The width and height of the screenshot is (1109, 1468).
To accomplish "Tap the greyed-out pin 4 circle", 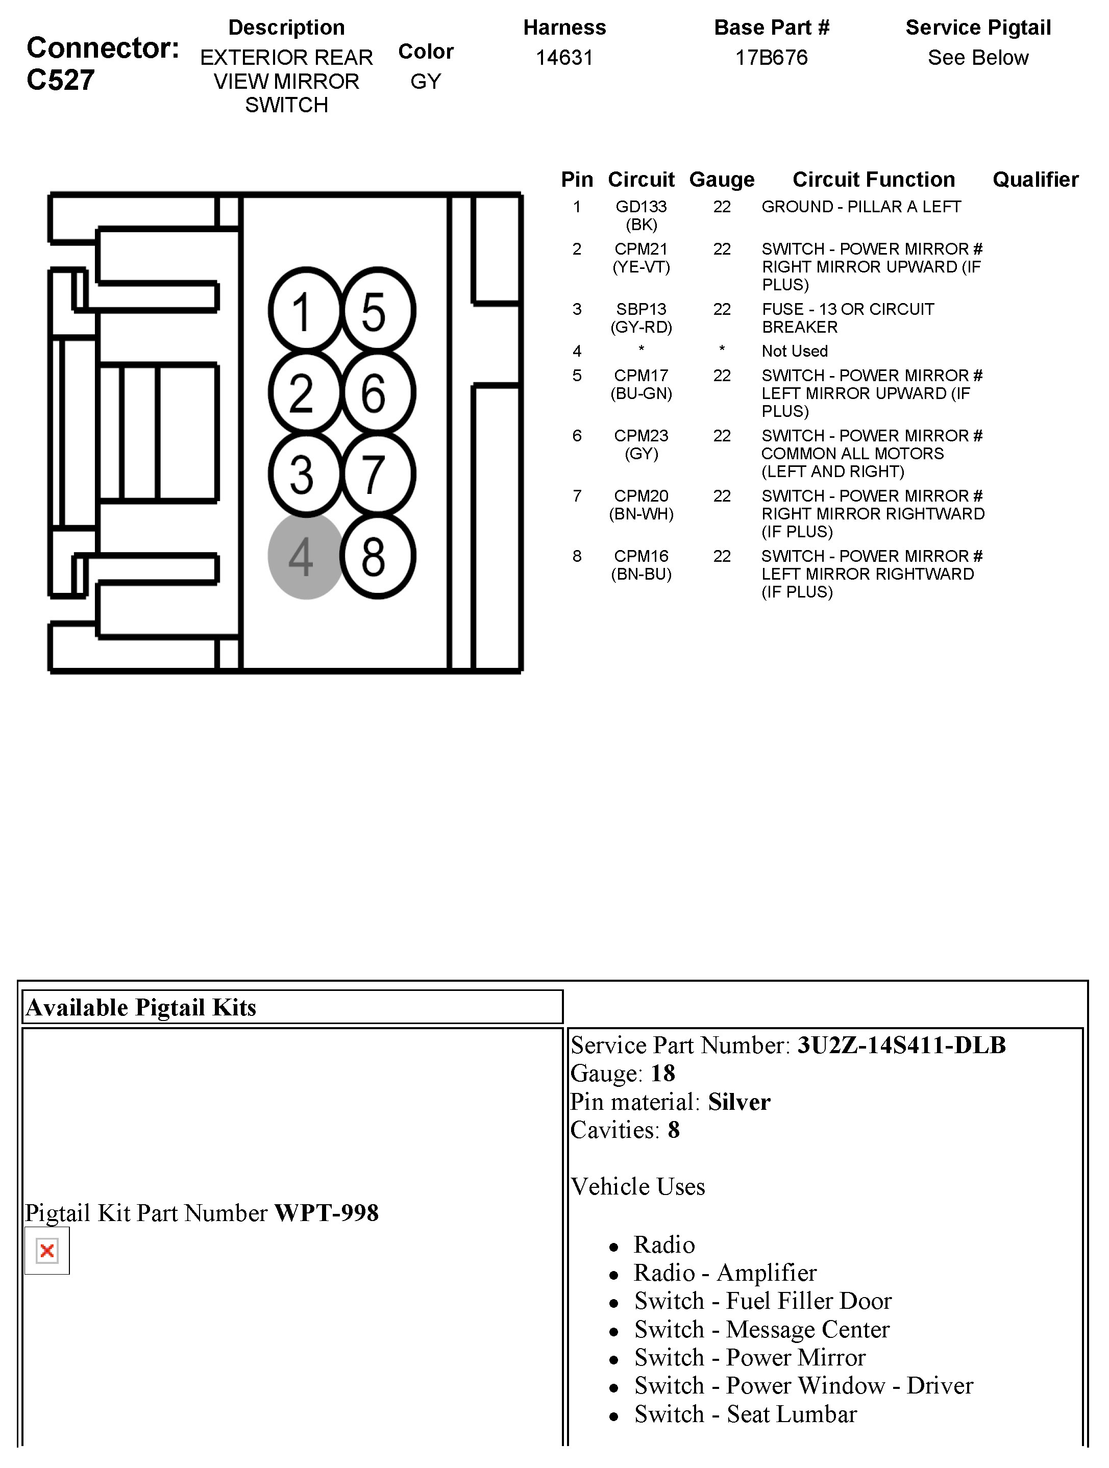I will coord(305,556).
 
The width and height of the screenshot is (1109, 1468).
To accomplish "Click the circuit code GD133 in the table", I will coord(640,207).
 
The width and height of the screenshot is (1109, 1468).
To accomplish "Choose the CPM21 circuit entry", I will coord(640,250).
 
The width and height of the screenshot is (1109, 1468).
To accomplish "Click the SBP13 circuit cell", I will coord(640,309).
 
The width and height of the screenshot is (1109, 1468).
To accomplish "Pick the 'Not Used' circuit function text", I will coord(795,351).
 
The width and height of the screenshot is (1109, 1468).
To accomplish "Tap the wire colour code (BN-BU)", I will coord(640,574).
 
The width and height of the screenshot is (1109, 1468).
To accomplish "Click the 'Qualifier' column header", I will coord(1034,180).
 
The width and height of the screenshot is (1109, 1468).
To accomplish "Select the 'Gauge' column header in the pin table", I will coord(722,180).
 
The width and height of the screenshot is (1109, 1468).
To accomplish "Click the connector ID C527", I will coord(60,80).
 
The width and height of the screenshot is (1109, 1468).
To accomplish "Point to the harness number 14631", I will coord(564,58).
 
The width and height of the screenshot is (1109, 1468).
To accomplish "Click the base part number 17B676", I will coord(771,58).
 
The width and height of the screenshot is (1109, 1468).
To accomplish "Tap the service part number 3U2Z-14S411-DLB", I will coord(901,1045).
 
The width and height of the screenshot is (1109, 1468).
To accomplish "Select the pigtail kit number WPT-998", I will coord(326,1213).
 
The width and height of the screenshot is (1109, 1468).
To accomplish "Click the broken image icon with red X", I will coord(47,1251).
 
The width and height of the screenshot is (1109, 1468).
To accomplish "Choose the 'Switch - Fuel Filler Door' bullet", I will coord(762,1301).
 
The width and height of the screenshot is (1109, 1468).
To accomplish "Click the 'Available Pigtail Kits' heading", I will coord(141,1007).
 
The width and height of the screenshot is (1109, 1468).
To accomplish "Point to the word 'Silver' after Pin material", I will coord(738,1102).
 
